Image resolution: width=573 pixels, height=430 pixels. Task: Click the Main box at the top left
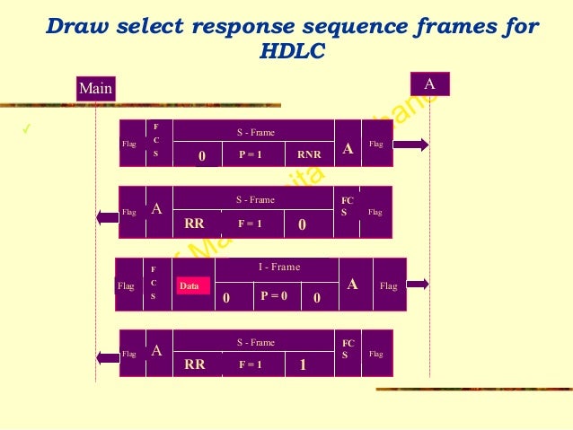coord(96,88)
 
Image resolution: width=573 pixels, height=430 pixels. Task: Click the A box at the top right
coord(429,83)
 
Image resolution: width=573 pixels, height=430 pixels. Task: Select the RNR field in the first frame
coord(308,154)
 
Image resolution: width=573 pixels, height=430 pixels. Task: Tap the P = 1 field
coord(250,154)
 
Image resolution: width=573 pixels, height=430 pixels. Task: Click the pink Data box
coord(190,286)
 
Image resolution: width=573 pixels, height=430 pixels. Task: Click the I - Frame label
coord(279,267)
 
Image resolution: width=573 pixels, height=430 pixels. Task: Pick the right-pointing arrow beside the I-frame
coord(418,285)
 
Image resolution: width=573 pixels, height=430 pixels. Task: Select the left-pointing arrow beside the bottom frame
coord(106,356)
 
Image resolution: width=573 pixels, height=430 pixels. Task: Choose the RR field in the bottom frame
coord(194,365)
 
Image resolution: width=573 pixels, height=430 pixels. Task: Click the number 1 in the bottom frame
coord(303,364)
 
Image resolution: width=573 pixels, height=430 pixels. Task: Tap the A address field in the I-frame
coord(353,285)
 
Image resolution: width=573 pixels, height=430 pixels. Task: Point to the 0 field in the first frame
coord(202,155)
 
